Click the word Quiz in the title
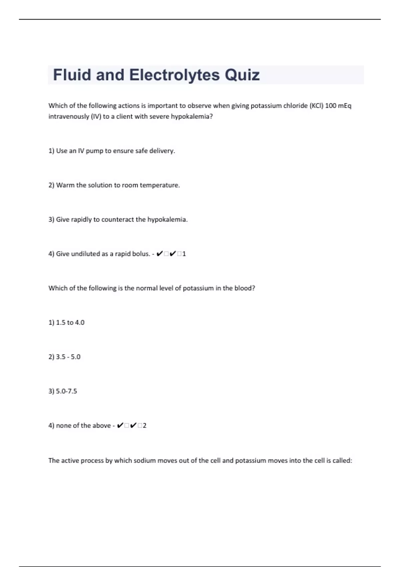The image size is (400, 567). coord(242,75)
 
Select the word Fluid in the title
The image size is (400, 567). coord(72,75)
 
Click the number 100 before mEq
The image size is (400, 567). coord(331,106)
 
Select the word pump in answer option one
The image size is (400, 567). coord(94,151)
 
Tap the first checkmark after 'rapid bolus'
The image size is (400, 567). coord(159,254)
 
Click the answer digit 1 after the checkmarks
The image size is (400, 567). coord(184,254)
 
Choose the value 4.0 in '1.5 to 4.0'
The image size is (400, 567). coord(80,323)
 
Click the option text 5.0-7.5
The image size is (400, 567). coord(66,391)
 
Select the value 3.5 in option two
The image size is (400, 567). coord(61,357)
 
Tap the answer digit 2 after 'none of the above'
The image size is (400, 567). coord(145,426)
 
